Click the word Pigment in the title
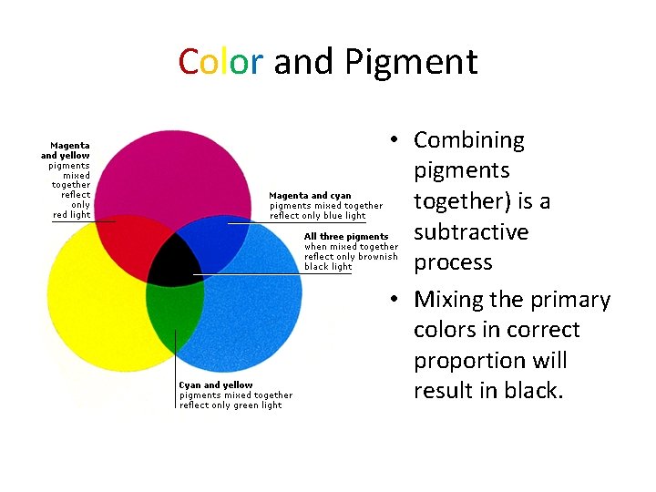tap(411, 63)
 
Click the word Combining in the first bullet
tap(468, 140)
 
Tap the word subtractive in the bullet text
tap(471, 231)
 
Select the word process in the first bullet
tap(453, 262)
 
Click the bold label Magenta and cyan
tap(311, 196)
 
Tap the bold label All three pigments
tap(346, 237)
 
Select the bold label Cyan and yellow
tap(216, 385)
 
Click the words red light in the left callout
tap(71, 215)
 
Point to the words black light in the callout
tap(328, 267)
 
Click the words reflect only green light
tap(231, 405)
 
